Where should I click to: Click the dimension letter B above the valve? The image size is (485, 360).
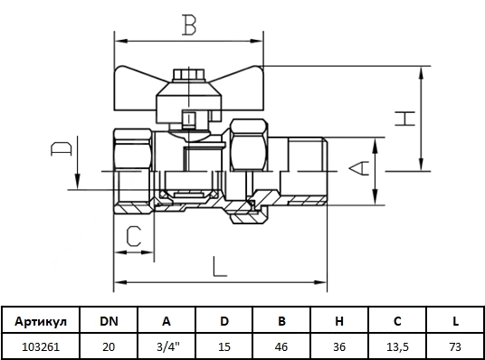(189, 24)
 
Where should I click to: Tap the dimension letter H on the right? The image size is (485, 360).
(404, 118)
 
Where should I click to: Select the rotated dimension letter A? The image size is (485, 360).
(359, 168)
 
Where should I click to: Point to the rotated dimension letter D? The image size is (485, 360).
(62, 148)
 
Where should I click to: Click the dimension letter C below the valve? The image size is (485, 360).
(134, 236)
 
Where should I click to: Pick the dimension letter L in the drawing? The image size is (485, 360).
(220, 266)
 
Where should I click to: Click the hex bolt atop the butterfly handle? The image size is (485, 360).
(189, 75)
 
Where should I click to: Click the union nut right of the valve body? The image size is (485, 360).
(248, 145)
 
